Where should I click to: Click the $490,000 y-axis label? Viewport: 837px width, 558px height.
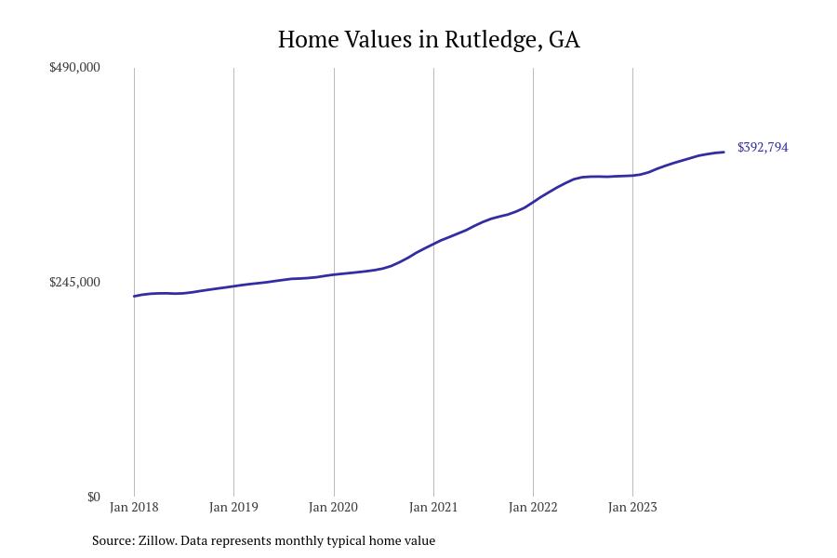coord(74,67)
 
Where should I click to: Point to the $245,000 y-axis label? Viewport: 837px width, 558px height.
coord(74,282)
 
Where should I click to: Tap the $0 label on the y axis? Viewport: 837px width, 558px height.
coord(93,497)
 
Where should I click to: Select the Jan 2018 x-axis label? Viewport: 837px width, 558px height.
coord(134,507)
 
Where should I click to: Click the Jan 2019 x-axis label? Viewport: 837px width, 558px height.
coord(233,507)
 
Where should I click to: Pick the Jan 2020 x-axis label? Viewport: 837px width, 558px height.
coord(333,507)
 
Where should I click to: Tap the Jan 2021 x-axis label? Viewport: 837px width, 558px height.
coord(433,507)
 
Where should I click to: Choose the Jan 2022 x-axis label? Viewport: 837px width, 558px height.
coord(533,507)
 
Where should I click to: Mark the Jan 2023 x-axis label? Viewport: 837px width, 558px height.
coord(632,507)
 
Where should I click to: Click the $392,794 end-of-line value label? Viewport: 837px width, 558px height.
coord(763,147)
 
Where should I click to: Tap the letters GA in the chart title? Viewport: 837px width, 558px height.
coord(564,40)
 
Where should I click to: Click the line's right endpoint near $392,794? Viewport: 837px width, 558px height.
coord(724,152)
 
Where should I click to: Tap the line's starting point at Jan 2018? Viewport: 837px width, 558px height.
coord(134,297)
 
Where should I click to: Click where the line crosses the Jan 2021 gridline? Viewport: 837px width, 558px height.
coord(433,244)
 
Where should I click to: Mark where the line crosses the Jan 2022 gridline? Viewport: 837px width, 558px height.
coord(533,201)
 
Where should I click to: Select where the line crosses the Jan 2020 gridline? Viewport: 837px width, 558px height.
coord(333,274)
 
